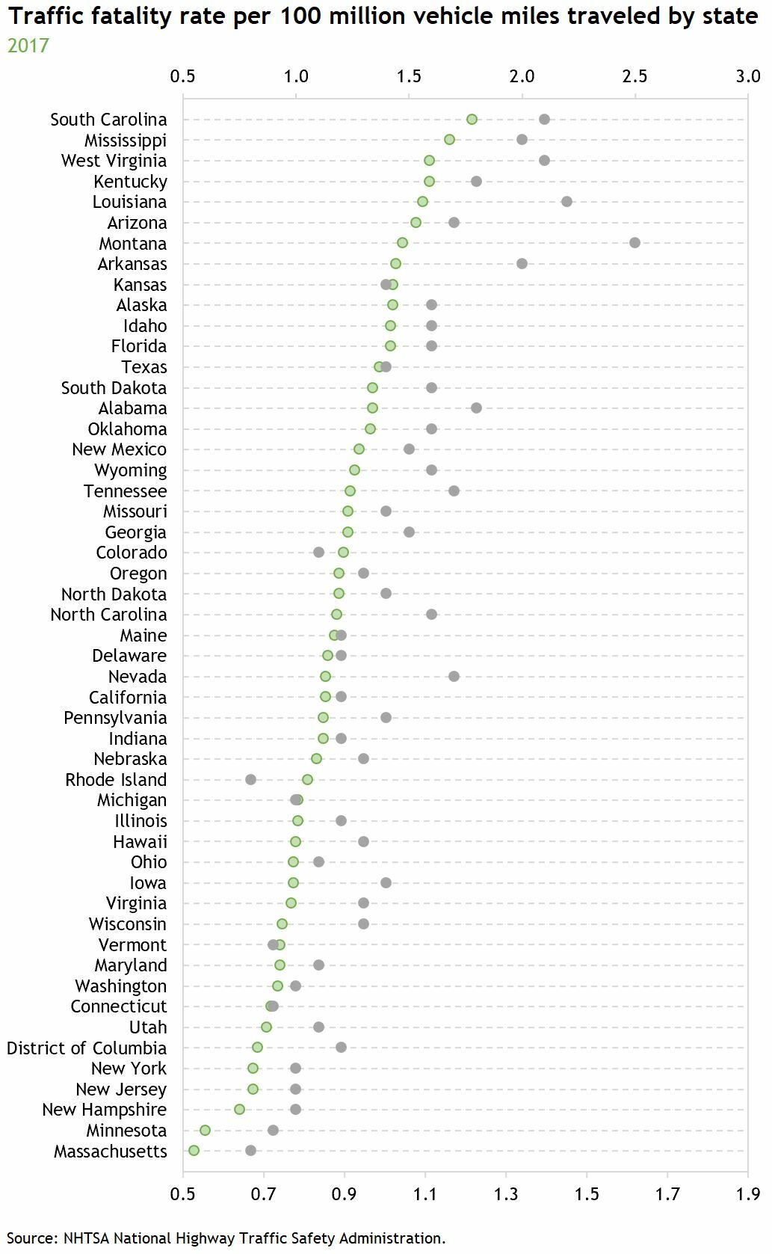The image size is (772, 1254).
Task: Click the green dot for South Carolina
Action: click(x=472, y=120)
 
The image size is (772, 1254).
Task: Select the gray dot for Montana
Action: click(x=634, y=242)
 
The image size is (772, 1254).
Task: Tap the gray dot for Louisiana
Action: click(x=566, y=201)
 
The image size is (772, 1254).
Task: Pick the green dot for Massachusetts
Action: click(x=194, y=1150)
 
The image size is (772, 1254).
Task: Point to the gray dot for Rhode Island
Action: click(x=250, y=779)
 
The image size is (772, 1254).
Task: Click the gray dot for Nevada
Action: click(x=454, y=676)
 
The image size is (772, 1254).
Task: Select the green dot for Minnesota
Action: click(x=205, y=1130)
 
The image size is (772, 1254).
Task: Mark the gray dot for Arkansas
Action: click(x=522, y=263)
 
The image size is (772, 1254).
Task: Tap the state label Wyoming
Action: click(x=131, y=470)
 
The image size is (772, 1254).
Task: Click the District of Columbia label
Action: click(x=87, y=1048)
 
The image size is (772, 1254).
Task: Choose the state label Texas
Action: click(x=144, y=367)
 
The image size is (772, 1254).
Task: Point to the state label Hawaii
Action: click(x=140, y=841)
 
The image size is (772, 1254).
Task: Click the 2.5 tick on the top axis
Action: click(x=634, y=76)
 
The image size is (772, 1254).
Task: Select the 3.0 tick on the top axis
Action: click(x=747, y=76)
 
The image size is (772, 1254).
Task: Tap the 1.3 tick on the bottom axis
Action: click(x=507, y=1193)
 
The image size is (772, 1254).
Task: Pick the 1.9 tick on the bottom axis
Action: click(x=748, y=1193)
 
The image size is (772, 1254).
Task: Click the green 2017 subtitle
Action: click(x=28, y=46)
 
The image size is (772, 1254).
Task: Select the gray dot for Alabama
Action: click(x=476, y=408)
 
